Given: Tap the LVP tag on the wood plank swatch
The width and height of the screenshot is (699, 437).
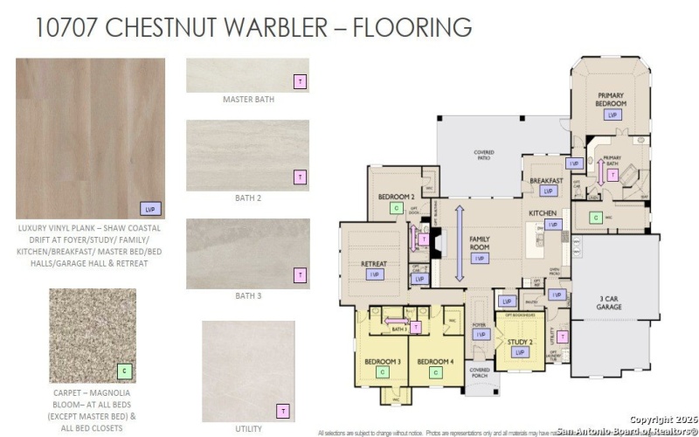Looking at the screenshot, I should tap(150, 208).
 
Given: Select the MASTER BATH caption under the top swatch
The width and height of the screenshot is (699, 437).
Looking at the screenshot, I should tap(248, 100).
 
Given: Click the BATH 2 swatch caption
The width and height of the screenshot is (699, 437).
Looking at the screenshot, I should tap(248, 198).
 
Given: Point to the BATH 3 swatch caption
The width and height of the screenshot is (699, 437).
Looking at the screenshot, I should tap(248, 295).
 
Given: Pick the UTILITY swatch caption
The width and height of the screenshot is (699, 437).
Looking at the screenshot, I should tap(248, 429).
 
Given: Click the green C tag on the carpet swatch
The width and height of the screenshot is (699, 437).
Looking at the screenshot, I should tap(123, 371).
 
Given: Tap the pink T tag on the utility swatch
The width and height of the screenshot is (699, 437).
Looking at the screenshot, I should tap(282, 410).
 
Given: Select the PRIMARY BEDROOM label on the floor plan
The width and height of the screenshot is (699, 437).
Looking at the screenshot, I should tap(613, 99).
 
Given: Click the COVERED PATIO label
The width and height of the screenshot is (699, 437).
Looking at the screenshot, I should tap(484, 156).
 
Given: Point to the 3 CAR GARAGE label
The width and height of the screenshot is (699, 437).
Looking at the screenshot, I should tap(612, 302).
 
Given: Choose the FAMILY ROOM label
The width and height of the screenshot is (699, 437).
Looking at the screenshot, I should tap(480, 242).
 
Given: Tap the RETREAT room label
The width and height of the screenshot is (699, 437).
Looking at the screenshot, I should tap(374, 263).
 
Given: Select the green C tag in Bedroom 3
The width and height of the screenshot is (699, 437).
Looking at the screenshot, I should tap(382, 371).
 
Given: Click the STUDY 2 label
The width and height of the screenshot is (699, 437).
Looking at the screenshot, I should tap(520, 342).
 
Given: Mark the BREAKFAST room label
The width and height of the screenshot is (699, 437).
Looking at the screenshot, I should tap(546, 180).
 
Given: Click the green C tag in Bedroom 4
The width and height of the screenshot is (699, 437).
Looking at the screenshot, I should tap(433, 372).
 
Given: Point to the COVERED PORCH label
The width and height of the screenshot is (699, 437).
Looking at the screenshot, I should tap(480, 373).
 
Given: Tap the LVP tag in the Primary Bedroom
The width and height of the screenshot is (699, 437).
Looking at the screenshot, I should tap(612, 114).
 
